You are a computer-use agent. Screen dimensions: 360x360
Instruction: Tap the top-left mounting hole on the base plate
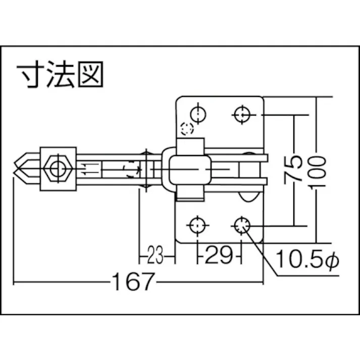tap(197, 115)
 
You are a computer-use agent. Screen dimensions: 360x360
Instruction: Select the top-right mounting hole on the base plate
tap(242, 115)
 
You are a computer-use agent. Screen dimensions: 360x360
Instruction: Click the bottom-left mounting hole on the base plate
tap(197, 225)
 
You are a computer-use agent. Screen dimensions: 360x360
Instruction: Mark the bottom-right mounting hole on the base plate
tap(242, 225)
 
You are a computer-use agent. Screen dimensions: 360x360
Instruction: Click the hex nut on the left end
tap(57, 168)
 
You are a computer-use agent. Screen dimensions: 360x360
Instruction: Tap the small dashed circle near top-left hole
tap(187, 129)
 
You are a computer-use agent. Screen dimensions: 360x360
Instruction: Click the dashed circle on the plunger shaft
tap(130, 169)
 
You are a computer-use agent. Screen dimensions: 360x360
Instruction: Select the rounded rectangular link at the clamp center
tap(188, 169)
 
